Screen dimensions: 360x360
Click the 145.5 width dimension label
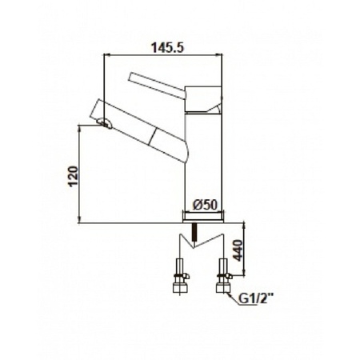point(168,48)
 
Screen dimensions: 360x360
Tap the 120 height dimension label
point(73,176)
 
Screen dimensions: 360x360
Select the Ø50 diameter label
point(205,205)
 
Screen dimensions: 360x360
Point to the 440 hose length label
point(238,250)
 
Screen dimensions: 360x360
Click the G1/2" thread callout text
point(256,298)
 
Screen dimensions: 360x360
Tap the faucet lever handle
point(157,86)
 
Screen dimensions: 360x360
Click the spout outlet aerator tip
point(105,123)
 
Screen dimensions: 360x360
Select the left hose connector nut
point(180,288)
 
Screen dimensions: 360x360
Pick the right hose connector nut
point(223,288)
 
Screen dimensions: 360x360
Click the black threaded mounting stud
point(195,232)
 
